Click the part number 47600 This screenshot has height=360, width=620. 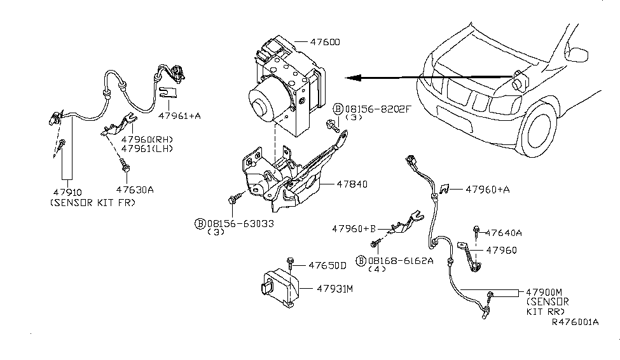point(325,43)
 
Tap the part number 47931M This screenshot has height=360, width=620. point(335,288)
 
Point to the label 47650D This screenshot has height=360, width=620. point(327,265)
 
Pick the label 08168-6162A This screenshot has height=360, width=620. point(400,260)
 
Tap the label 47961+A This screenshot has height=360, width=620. point(180,116)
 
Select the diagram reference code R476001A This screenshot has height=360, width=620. point(574,322)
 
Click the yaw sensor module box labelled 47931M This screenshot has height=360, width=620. point(279,289)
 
